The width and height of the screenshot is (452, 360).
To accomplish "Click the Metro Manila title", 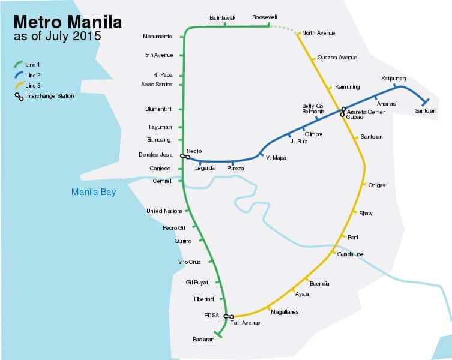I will click(67, 22).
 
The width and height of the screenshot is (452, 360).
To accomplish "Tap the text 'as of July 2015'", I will click(58, 36).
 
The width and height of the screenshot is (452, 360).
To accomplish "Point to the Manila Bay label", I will click(93, 192).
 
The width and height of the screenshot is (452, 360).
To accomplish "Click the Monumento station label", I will click(157, 37).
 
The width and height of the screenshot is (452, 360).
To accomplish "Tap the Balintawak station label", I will click(223, 18).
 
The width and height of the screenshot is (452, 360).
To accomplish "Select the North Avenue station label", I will click(318, 33).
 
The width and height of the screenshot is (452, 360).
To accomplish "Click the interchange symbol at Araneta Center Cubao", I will click(343, 111).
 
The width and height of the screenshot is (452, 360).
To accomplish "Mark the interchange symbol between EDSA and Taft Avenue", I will click(228, 316).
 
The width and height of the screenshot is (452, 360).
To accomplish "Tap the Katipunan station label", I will click(393, 79).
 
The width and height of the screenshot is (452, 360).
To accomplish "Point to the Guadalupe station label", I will click(351, 254).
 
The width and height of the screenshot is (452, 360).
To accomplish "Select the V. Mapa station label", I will click(276, 158).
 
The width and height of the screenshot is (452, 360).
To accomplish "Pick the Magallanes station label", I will click(285, 312).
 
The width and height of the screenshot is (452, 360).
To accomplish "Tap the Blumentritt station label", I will click(158, 109).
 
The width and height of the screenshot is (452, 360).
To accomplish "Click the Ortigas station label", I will click(376, 185).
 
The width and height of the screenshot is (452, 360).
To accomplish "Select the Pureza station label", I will click(235, 169).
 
